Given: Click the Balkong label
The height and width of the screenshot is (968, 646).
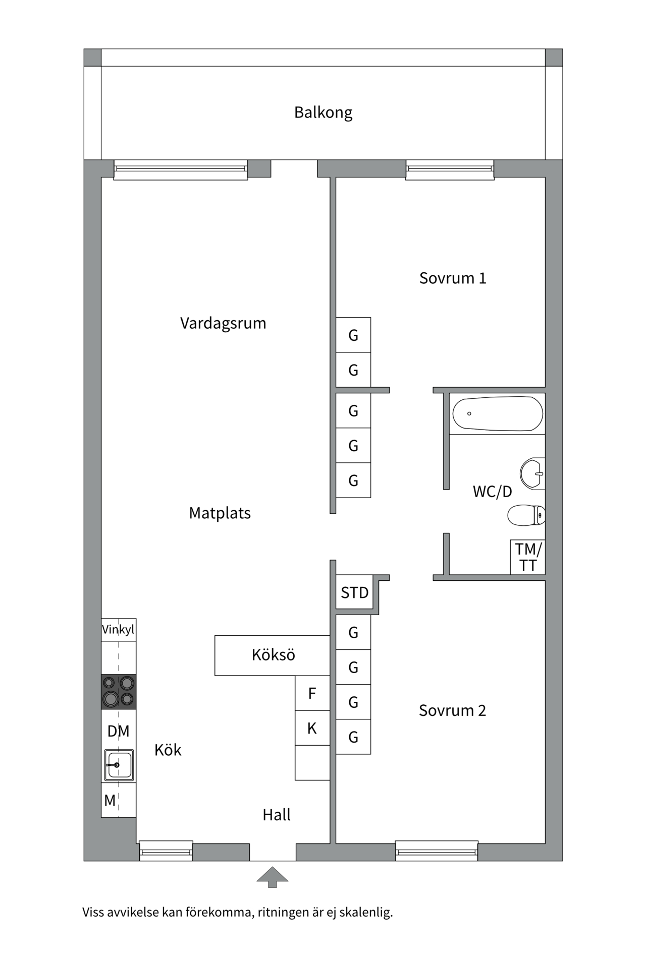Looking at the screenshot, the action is [x=323, y=112].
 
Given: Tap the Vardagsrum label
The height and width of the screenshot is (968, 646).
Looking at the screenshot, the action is [x=223, y=323].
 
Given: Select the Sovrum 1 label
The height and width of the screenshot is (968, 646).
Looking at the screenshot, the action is [x=453, y=278].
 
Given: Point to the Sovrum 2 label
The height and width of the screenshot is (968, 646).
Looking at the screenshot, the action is [x=452, y=710].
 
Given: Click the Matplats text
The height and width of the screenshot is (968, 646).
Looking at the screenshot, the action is [x=220, y=513].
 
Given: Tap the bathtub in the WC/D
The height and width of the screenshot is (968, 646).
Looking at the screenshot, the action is [x=498, y=413].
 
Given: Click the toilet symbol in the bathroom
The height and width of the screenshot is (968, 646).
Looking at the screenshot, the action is [x=526, y=515].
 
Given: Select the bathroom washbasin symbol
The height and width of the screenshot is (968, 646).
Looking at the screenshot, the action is [x=532, y=473].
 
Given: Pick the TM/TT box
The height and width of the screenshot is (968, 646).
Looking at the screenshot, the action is [x=528, y=557].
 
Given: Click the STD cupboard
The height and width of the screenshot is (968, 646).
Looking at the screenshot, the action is [x=354, y=592].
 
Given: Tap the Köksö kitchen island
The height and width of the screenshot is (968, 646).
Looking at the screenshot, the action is [x=273, y=655].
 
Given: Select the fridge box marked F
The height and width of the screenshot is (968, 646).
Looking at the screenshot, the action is [x=312, y=693].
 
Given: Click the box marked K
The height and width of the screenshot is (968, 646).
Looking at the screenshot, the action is [x=312, y=728].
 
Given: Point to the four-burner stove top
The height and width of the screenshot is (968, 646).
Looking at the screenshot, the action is [x=119, y=692].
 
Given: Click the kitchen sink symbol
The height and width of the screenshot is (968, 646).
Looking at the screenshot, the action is [x=119, y=765].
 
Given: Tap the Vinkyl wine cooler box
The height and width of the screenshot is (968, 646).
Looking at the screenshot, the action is [x=119, y=630].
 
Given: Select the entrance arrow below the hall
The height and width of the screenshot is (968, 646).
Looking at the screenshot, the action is [x=273, y=877].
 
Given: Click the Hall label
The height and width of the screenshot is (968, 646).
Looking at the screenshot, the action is [x=277, y=815].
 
